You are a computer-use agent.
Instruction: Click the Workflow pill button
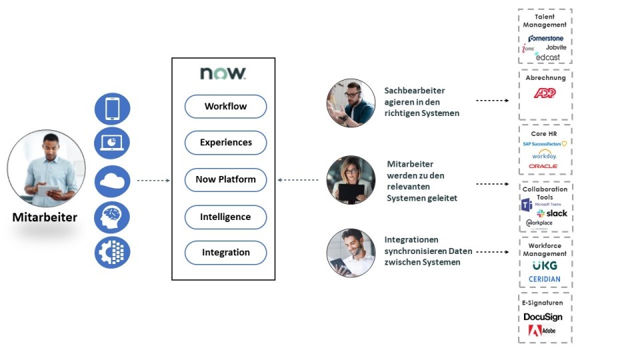[x=225, y=107]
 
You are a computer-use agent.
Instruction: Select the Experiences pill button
[x=225, y=143]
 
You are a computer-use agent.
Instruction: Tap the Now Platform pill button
[x=225, y=179]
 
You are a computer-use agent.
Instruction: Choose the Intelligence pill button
[x=225, y=217]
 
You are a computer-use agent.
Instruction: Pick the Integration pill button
[x=225, y=253]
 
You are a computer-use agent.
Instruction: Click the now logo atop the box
[x=223, y=73]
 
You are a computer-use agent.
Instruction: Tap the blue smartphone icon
[x=112, y=109]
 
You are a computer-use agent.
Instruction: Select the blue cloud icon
[x=112, y=181]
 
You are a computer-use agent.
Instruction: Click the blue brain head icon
[x=112, y=217]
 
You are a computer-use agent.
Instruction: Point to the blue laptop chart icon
[x=112, y=143]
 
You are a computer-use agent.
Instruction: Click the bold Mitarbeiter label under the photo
[x=45, y=217]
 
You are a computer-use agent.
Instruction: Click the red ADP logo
[x=545, y=94]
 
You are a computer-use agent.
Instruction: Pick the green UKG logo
[x=545, y=265]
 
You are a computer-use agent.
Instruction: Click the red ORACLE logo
[x=543, y=166]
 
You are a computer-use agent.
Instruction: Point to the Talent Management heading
[x=545, y=21]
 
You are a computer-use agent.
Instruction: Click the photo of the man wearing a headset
[x=351, y=103]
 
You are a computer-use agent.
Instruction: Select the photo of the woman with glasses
[x=351, y=180]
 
